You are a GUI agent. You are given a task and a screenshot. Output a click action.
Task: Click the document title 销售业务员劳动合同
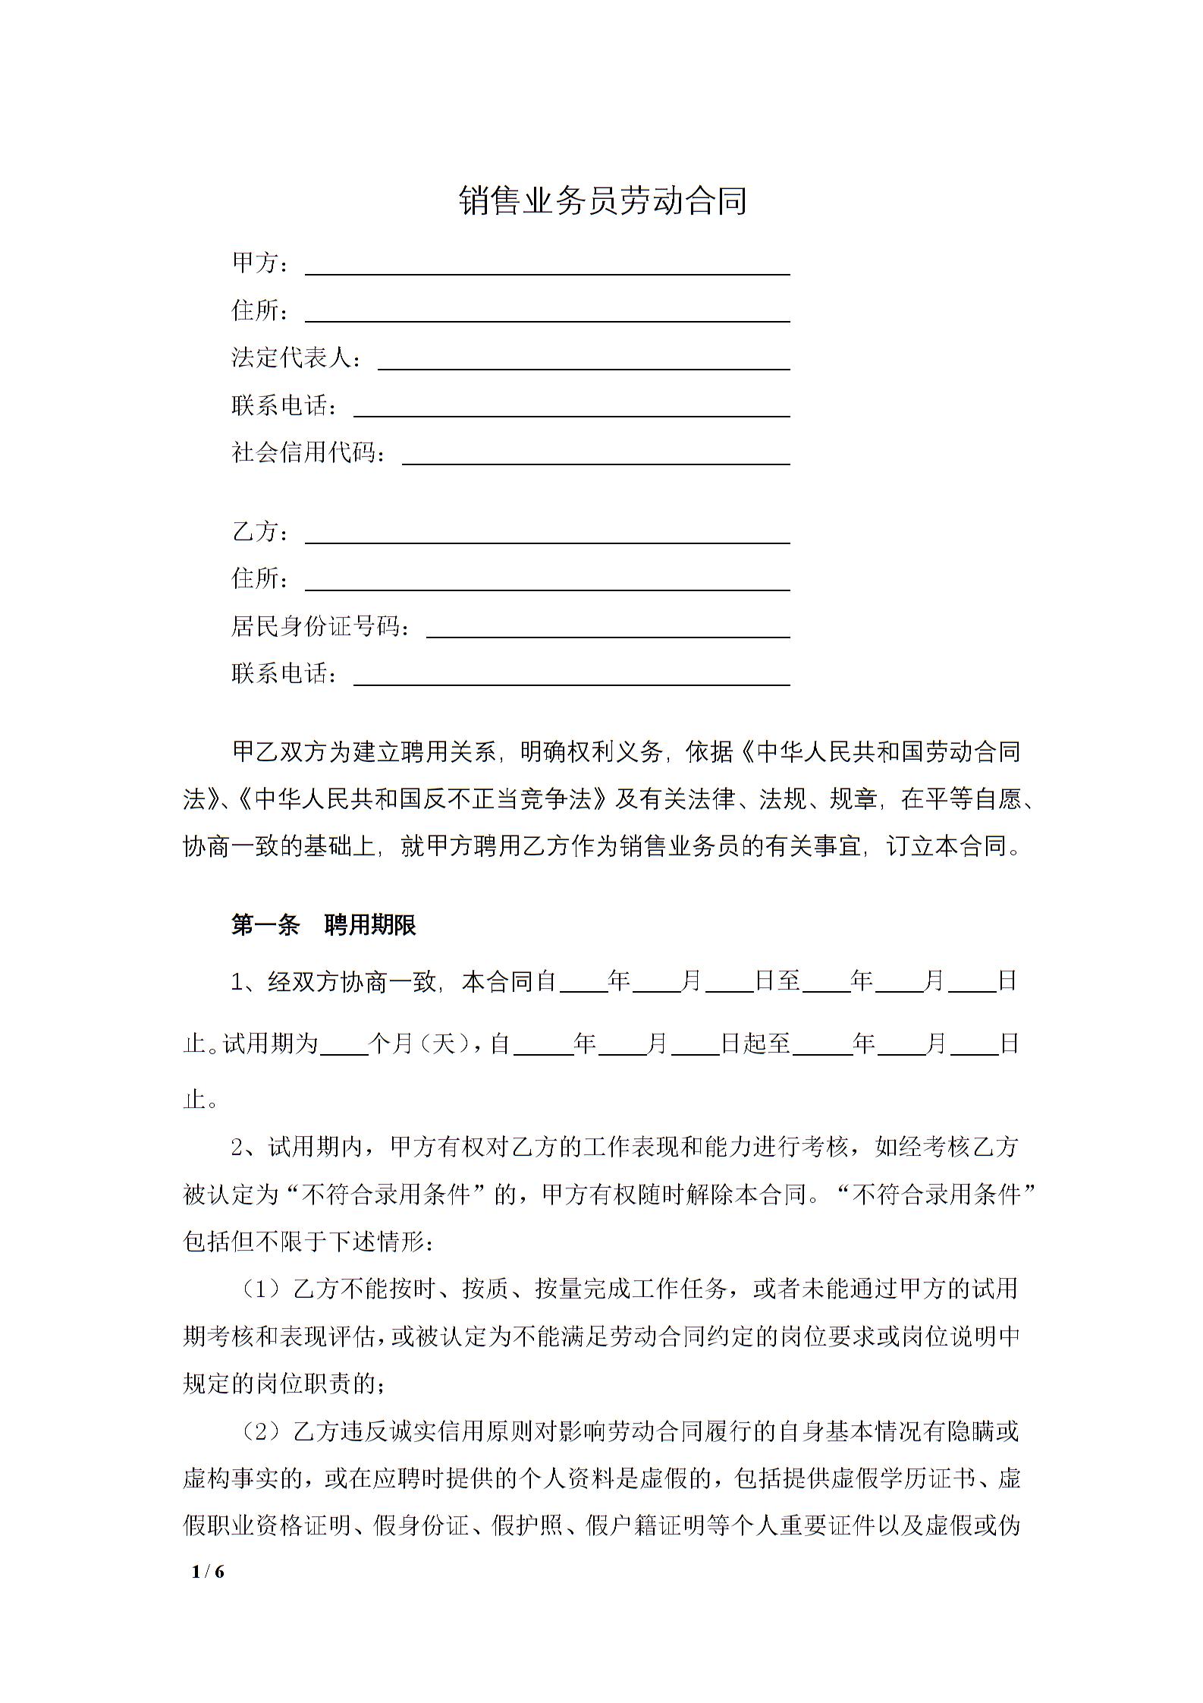603,201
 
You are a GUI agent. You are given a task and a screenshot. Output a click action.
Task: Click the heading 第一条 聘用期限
324,926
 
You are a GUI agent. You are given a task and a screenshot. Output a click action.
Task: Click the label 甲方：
260,263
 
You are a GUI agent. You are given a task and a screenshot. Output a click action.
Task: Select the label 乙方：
260,532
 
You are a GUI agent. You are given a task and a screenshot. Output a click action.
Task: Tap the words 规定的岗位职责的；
285,1384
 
